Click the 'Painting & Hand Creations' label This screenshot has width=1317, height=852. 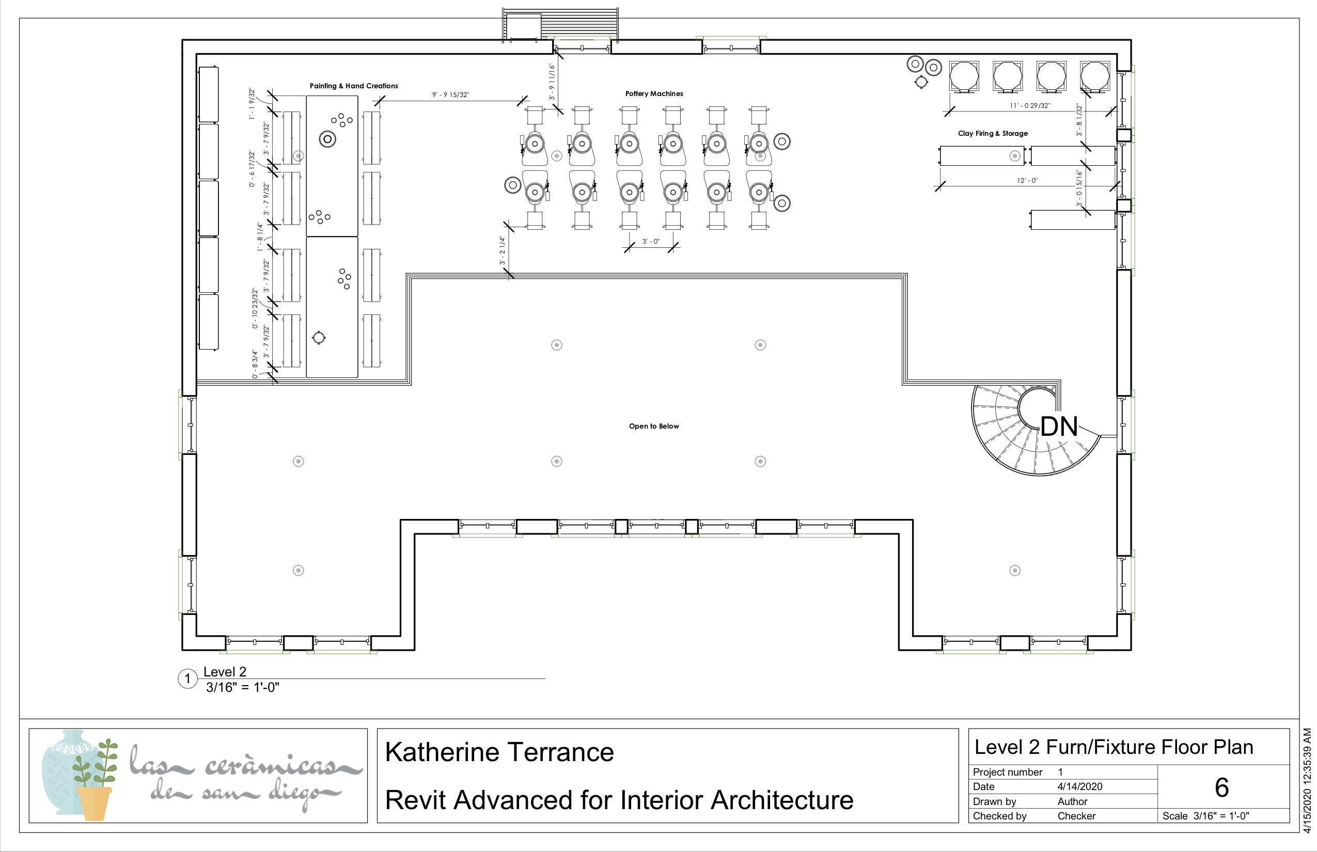(354, 86)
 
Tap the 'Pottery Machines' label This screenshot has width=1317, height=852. (654, 93)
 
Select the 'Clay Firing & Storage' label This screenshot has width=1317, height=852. (993, 133)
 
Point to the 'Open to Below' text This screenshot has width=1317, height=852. (653, 426)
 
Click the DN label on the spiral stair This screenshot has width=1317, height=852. (1059, 427)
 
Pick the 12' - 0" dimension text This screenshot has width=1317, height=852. (1027, 180)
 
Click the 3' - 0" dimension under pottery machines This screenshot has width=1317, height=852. (651, 241)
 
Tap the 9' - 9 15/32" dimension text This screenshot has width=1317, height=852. (450, 94)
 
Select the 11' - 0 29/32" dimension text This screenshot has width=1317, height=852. (1030, 105)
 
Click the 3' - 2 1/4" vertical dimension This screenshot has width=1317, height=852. (503, 250)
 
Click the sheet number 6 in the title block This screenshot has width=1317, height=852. (1222, 787)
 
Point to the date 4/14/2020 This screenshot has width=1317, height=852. (1079, 786)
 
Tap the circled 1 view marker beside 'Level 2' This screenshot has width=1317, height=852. (187, 679)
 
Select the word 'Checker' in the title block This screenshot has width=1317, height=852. (1076, 815)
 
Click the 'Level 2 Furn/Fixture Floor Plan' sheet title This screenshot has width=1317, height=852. (1114, 747)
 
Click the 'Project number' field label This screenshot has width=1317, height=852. (1007, 772)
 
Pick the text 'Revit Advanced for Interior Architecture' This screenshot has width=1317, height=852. (619, 800)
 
